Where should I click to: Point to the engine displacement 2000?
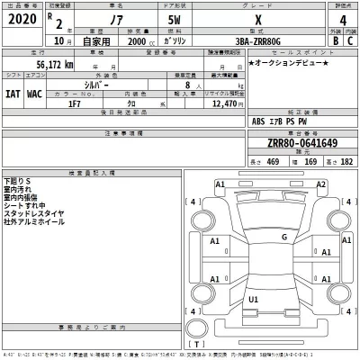tap(139, 41)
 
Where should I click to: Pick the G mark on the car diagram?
tap(284, 237)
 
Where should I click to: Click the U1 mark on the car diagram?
tap(254, 299)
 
